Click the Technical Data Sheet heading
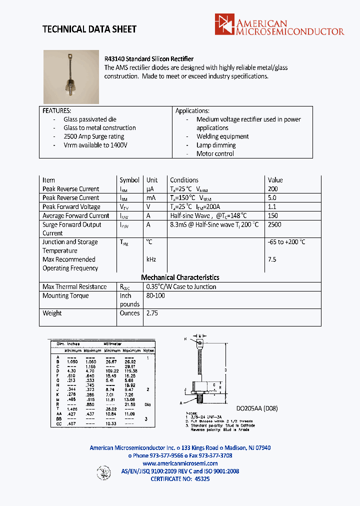[89, 29]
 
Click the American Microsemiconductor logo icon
[224, 24]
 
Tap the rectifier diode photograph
[71, 76]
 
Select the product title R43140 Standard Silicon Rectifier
[148, 59]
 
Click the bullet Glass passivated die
[89, 119]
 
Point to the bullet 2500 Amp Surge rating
[93, 136]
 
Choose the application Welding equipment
[222, 136]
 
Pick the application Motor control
[215, 153]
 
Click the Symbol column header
[129, 180]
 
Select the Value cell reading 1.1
[272, 206]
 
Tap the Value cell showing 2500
[274, 224]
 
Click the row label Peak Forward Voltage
[71, 206]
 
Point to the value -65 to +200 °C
[286, 242]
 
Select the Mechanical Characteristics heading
[180, 277]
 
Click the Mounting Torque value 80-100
[155, 295]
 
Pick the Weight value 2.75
[151, 313]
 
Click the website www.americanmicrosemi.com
[180, 463]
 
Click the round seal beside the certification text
[103, 472]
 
